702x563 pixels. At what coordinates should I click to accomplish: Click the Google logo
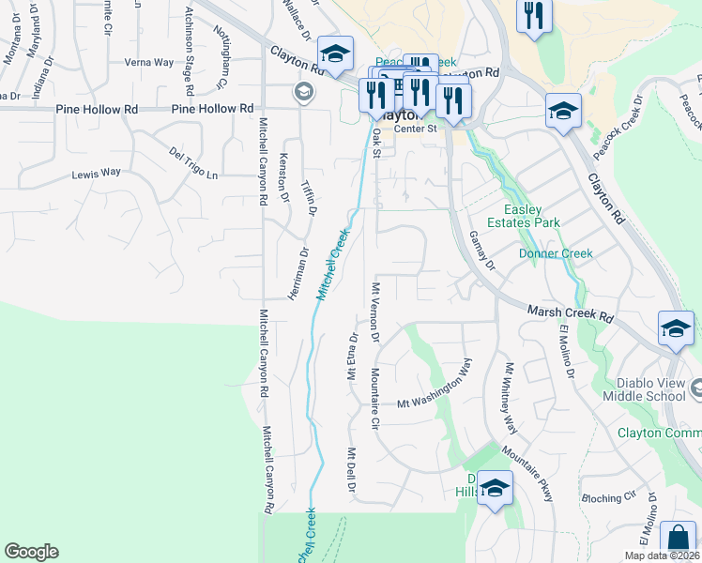click(x=31, y=552)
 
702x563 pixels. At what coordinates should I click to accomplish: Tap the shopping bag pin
click(x=678, y=540)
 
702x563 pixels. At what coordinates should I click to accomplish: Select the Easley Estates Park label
click(x=531, y=216)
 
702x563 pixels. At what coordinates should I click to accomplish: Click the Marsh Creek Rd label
click(x=570, y=312)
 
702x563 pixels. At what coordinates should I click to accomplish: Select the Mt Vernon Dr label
click(x=375, y=311)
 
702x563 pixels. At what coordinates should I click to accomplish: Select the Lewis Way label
click(x=97, y=174)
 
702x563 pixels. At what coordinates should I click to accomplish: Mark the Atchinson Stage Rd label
click(x=190, y=50)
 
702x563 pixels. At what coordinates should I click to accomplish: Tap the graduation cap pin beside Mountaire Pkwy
click(x=495, y=488)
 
